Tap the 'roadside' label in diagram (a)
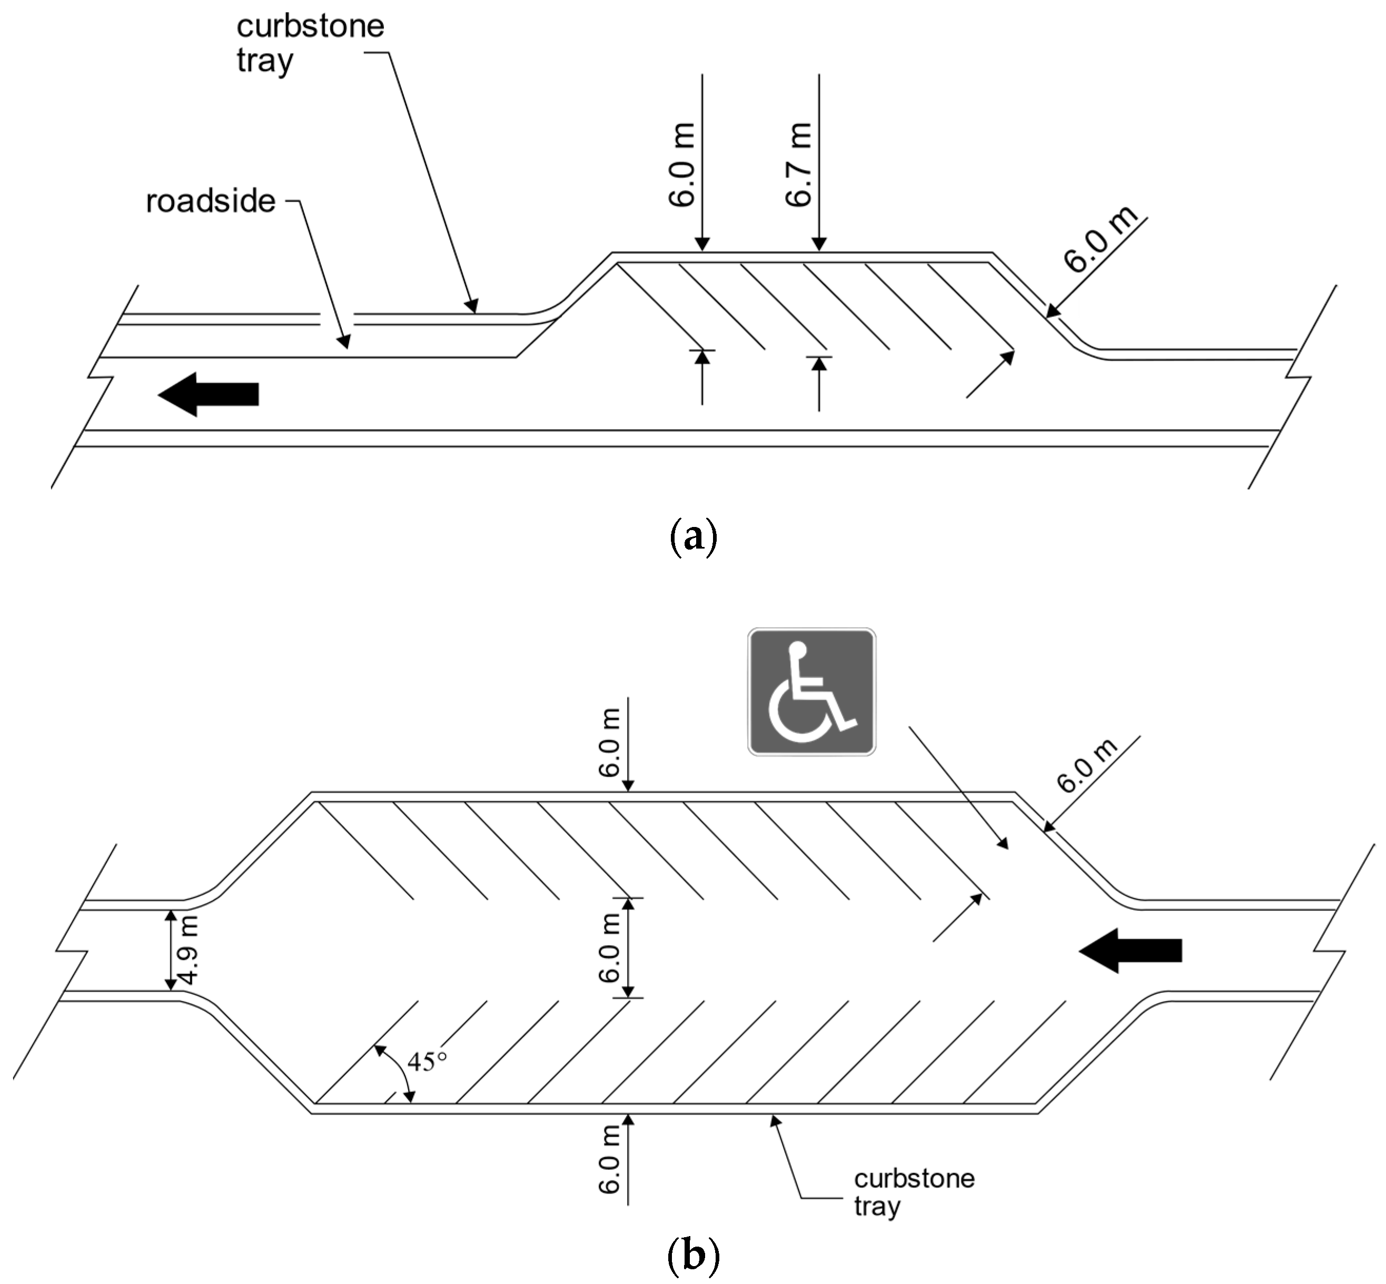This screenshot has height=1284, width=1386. (210, 202)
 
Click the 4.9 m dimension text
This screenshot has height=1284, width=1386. (189, 950)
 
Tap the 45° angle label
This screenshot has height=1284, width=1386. (427, 1061)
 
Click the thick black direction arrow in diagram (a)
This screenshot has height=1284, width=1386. (209, 394)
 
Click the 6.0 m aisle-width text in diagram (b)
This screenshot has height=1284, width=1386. (609, 948)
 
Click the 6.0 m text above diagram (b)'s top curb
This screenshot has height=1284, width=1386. (609, 742)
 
